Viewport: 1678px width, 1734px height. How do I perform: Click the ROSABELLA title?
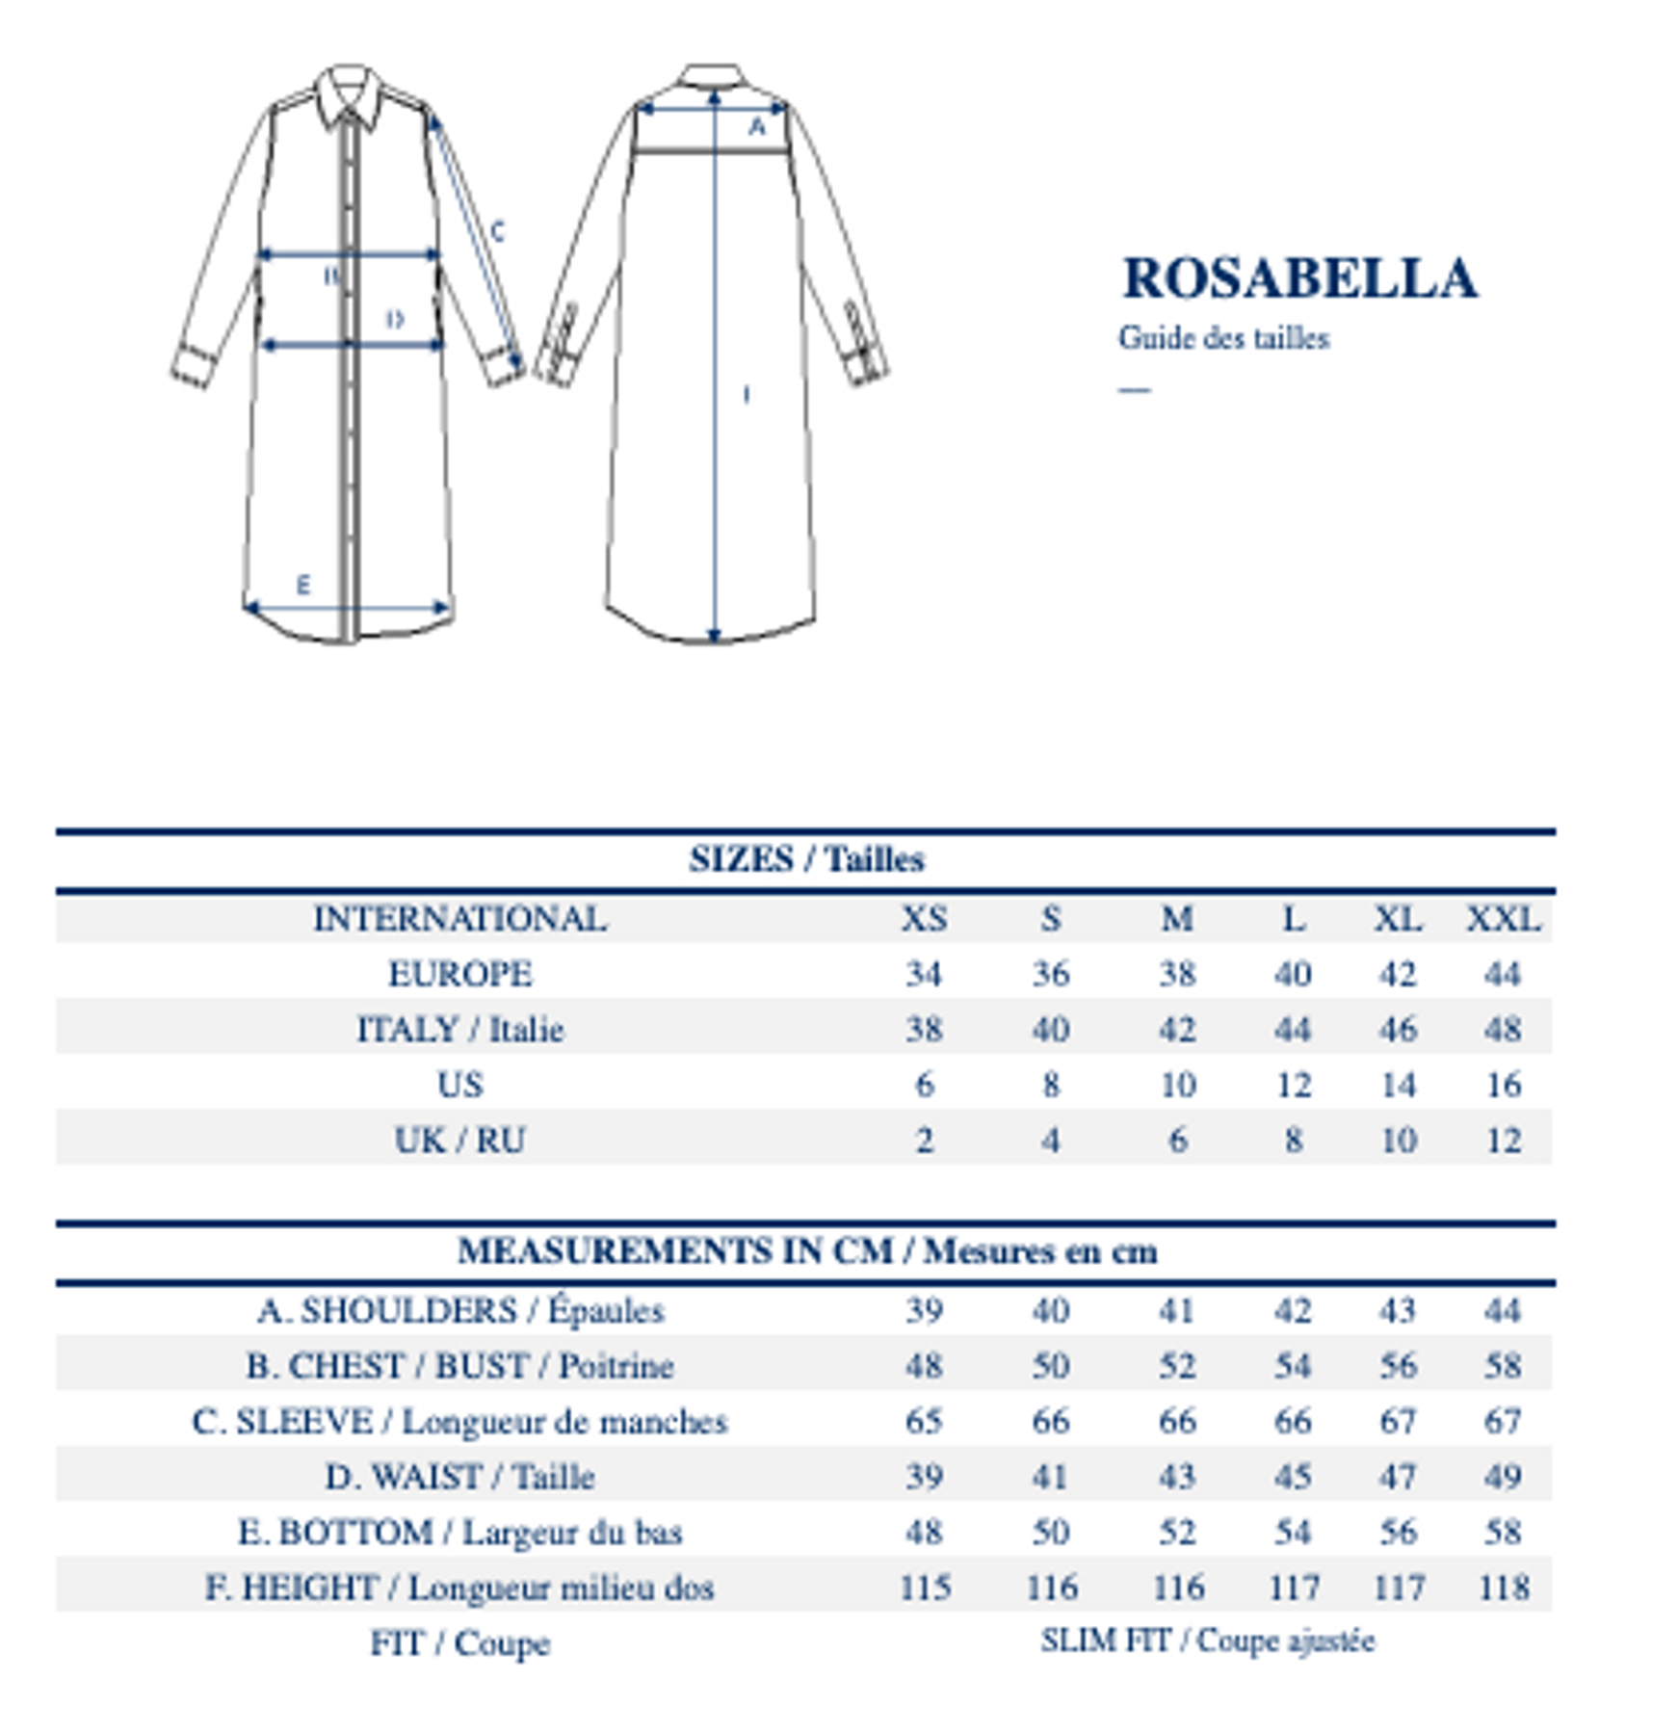(1298, 278)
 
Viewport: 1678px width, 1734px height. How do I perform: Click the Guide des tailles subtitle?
(1223, 338)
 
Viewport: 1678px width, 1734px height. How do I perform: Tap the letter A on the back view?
(757, 126)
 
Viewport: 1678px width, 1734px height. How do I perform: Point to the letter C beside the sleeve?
(497, 231)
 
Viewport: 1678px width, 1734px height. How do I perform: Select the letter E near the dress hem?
(303, 585)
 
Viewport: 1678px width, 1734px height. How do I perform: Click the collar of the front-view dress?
(349, 94)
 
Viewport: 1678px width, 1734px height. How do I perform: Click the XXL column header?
(1502, 918)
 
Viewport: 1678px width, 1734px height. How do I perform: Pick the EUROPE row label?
(459, 974)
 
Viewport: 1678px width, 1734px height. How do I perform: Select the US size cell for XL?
(1398, 1085)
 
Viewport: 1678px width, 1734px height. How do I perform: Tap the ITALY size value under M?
(1176, 1029)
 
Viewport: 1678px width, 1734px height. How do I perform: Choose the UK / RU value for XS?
(924, 1140)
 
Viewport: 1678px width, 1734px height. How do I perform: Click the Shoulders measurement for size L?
(1292, 1310)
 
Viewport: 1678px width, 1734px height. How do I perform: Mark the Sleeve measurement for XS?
(924, 1421)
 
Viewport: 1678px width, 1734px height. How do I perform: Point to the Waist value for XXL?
(1502, 1476)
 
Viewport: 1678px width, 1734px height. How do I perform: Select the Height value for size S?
(1051, 1587)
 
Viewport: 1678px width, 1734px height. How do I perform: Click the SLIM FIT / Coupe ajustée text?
(1207, 1641)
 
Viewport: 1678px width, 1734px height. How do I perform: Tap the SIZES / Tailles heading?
(806, 858)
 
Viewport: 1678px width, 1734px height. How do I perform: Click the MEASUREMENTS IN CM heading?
(806, 1250)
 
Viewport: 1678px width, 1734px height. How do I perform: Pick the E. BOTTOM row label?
(459, 1532)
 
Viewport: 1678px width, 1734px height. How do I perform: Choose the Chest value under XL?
(1398, 1365)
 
